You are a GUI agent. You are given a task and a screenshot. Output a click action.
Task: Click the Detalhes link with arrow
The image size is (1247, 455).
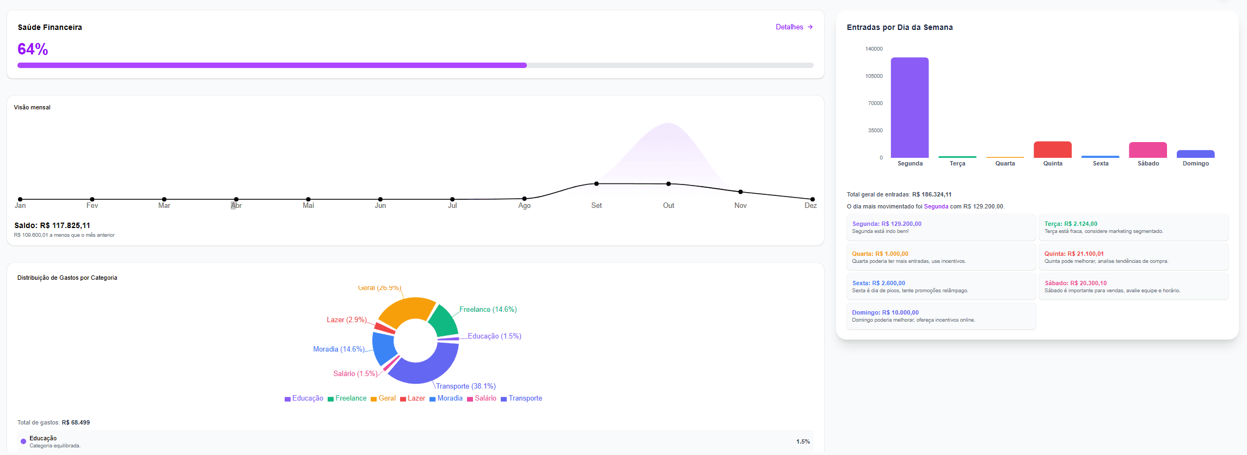click(x=794, y=27)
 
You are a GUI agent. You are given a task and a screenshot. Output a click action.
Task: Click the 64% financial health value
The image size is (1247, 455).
click(x=33, y=49)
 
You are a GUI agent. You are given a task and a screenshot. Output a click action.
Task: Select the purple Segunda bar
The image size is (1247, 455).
click(x=910, y=108)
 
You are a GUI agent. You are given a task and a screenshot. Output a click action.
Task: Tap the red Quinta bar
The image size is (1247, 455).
click(x=1052, y=150)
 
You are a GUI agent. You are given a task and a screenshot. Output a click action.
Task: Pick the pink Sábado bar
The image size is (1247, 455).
click(x=1147, y=150)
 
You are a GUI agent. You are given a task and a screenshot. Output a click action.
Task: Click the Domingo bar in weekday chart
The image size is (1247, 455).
click(x=1195, y=154)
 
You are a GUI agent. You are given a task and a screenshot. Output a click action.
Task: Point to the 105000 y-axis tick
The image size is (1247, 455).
click(x=874, y=76)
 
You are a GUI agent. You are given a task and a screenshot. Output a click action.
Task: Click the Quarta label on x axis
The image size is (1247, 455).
click(x=1005, y=163)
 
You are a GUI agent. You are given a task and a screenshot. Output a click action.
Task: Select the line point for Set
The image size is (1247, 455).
click(x=597, y=184)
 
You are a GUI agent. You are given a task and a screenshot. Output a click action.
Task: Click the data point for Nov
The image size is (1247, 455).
click(x=740, y=192)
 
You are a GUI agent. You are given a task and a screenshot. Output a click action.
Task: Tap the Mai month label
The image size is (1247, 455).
click(x=308, y=206)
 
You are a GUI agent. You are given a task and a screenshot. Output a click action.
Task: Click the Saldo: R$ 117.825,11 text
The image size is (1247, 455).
click(x=52, y=225)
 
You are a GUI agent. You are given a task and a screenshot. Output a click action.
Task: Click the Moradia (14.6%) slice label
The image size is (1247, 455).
click(x=339, y=349)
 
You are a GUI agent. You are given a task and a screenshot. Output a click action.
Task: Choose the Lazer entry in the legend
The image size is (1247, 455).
click(x=413, y=398)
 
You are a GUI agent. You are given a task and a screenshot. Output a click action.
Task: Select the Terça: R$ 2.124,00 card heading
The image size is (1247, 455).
click(x=1071, y=224)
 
